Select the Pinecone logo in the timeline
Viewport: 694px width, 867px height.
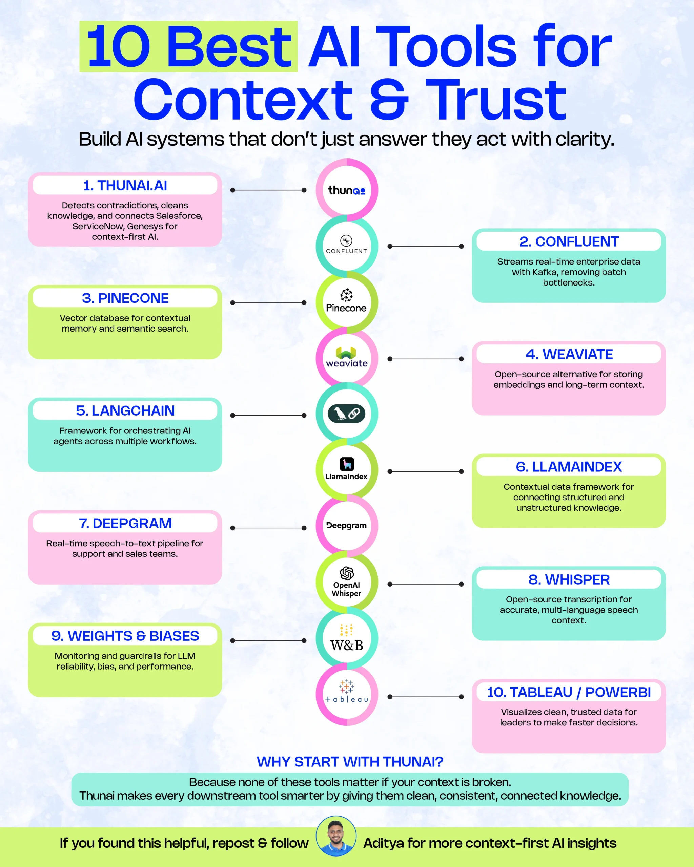click(x=346, y=302)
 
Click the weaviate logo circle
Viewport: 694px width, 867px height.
click(x=346, y=358)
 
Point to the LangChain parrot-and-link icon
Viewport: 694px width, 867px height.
click(x=346, y=414)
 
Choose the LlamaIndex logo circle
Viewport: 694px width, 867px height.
click(x=346, y=470)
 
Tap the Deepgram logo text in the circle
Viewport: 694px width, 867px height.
click(x=346, y=526)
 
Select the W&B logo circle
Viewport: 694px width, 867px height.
click(x=346, y=639)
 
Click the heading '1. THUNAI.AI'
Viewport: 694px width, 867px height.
click(x=125, y=185)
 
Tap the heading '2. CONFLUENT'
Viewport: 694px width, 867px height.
click(x=569, y=242)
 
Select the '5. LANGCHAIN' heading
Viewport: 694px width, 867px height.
click(x=125, y=410)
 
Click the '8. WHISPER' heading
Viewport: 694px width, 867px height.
click(x=569, y=579)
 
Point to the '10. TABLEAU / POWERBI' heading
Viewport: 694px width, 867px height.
click(x=569, y=692)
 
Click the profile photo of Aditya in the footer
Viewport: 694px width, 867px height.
click(x=336, y=837)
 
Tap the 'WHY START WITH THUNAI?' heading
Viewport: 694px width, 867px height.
click(x=350, y=762)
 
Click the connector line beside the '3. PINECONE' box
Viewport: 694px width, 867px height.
click(x=268, y=302)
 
